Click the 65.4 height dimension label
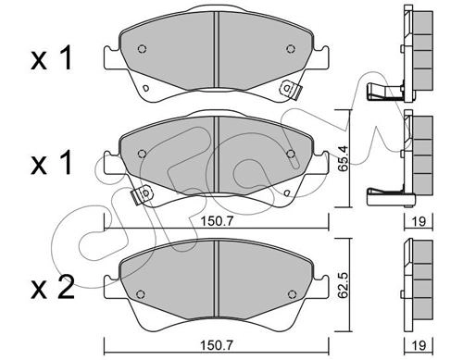343,158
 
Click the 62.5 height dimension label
343,285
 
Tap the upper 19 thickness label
419,221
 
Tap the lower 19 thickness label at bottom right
419,345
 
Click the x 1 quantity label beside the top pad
52,57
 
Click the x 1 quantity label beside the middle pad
52,162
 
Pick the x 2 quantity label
53,287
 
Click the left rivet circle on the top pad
142,49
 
